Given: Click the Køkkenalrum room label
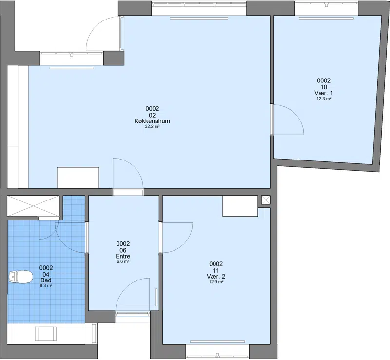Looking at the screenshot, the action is click(152, 121).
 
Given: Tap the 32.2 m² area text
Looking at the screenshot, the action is click(152, 126).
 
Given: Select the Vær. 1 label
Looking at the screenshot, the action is click(324, 93).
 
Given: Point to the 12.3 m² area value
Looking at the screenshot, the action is click(324, 99).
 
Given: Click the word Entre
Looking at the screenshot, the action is click(123, 256).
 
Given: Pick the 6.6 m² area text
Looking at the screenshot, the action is click(123, 261).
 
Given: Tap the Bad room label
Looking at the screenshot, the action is click(46, 280).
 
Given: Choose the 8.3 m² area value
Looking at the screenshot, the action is click(46, 286).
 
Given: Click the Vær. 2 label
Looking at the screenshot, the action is click(216, 277).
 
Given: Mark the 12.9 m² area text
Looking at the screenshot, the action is click(216, 282).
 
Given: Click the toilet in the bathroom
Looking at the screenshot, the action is click(20, 277).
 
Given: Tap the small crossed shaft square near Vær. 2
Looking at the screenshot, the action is click(266, 200).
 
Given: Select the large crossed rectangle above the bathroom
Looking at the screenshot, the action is click(33, 206).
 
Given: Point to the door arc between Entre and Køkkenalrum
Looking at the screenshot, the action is click(135, 167).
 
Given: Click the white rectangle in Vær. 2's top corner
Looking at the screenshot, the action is click(240, 206).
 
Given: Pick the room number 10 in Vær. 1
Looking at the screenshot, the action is click(324, 87).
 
